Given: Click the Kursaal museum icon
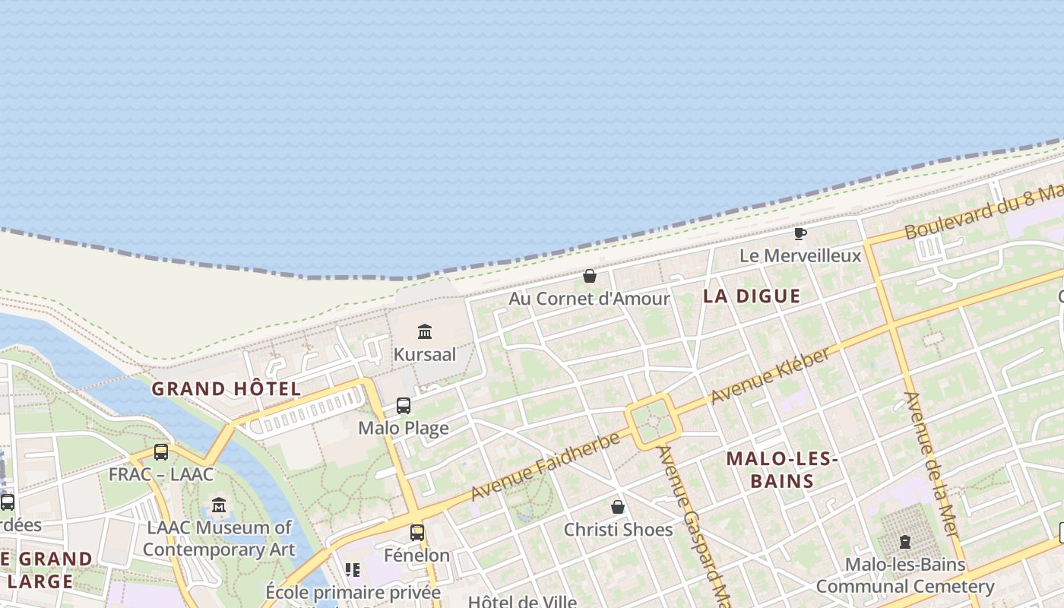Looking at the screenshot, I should tap(425, 331).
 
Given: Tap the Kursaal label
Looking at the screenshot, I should tap(425, 354).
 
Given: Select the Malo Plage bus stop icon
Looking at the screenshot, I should tap(404, 406).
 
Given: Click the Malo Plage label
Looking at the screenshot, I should tap(404, 428).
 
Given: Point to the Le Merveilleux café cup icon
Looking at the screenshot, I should tap(800, 233).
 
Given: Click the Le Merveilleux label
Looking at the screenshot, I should tap(800, 255).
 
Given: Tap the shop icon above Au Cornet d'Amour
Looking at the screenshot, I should tap(590, 276).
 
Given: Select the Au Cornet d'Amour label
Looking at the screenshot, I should tap(589, 299).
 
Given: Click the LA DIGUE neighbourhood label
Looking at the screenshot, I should tap(752, 296).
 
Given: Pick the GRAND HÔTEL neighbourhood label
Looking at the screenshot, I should tap(226, 389).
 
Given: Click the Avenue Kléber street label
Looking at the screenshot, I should tap(771, 378).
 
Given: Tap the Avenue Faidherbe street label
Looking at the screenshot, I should tap(545, 467).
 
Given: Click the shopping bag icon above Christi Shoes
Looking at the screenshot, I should tap(618, 507).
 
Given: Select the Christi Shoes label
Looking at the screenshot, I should tap(618, 530).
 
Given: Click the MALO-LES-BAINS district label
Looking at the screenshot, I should tap(781, 470).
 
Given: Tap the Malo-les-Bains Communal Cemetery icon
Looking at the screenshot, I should tap(904, 542).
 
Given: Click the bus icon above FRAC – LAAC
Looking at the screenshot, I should tap(161, 452).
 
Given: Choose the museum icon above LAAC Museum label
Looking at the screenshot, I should tap(219, 505).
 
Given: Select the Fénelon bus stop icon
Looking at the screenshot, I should tap(417, 533).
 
